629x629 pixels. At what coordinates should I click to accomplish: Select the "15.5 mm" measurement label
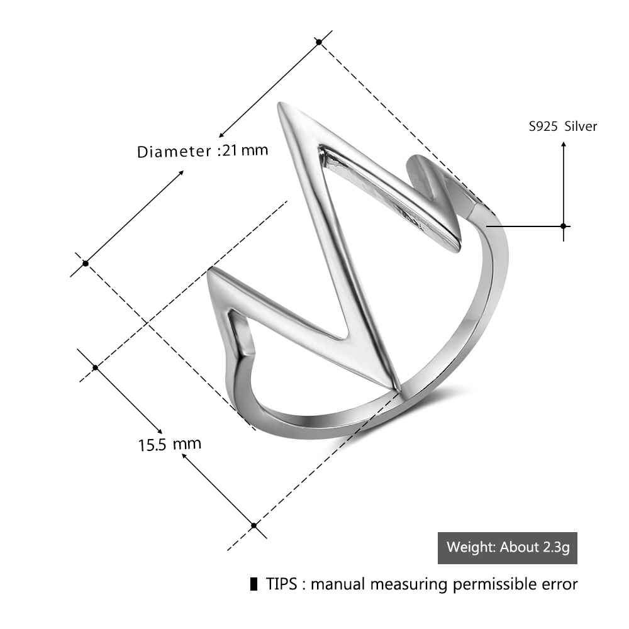pyautogui.click(x=169, y=444)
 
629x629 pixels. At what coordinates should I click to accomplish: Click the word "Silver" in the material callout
pyautogui.click(x=581, y=126)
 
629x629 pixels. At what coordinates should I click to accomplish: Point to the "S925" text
pyautogui.click(x=543, y=126)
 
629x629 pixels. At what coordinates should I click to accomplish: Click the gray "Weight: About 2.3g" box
pyautogui.click(x=508, y=547)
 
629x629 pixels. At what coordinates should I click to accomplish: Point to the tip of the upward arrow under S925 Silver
pyautogui.click(x=564, y=143)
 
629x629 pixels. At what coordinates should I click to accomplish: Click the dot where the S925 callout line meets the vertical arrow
pyautogui.click(x=564, y=226)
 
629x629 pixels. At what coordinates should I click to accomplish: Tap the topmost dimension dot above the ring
pyautogui.click(x=319, y=42)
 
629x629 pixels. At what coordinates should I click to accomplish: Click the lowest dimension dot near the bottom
pyautogui.click(x=253, y=525)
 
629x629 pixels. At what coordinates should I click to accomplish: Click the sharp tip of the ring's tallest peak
pyautogui.click(x=279, y=104)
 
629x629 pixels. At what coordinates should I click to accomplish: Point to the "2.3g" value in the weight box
pyautogui.click(x=554, y=547)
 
